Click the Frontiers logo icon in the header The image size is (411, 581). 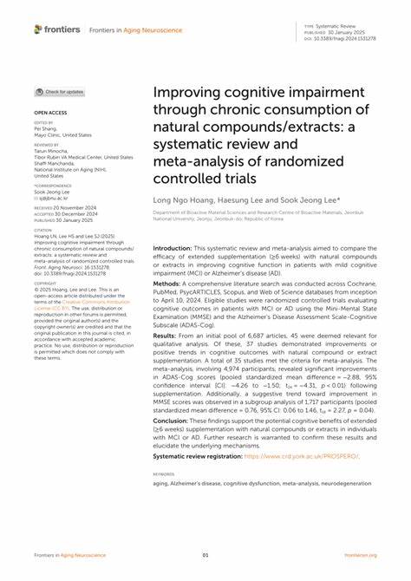[x=38, y=29]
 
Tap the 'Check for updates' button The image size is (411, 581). [x=60, y=91]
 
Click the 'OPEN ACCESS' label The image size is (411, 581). [x=49, y=113]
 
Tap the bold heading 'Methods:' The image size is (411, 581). [x=167, y=306]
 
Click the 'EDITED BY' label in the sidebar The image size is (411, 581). [x=42, y=123]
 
